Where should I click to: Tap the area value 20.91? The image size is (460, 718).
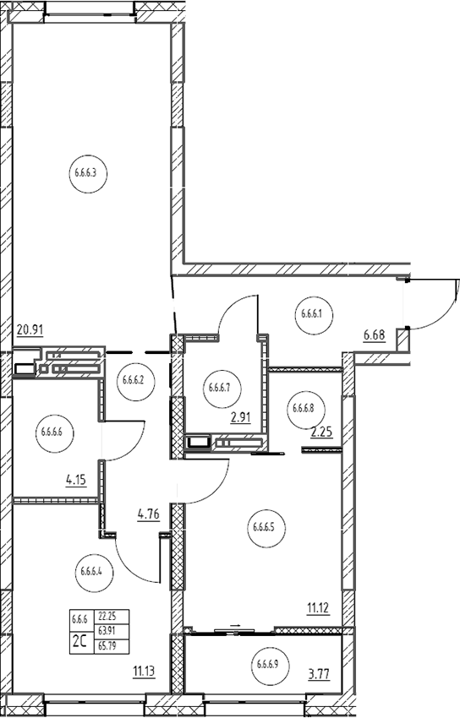(x=30, y=329)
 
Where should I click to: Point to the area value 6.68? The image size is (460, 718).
(x=375, y=335)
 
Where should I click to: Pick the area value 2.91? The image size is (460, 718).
(x=239, y=418)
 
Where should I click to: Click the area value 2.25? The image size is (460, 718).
(x=321, y=432)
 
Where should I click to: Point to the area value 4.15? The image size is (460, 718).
(x=76, y=481)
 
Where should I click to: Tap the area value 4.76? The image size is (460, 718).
(x=149, y=514)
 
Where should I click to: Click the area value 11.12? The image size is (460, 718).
(x=319, y=609)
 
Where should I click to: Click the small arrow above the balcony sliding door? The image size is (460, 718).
(x=235, y=624)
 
